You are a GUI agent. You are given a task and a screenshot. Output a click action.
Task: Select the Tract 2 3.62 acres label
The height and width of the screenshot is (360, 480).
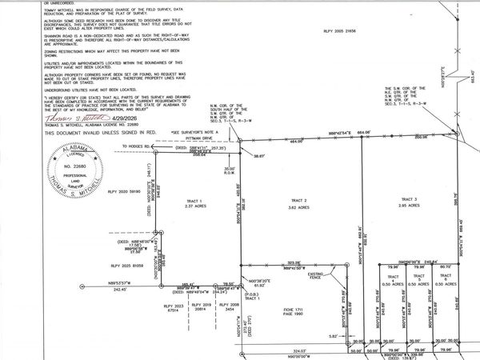point(299,202)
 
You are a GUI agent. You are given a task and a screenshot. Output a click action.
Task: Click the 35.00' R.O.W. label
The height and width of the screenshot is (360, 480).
point(229,170)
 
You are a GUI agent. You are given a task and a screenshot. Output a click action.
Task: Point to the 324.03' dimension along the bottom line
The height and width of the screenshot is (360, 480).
point(298,349)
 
